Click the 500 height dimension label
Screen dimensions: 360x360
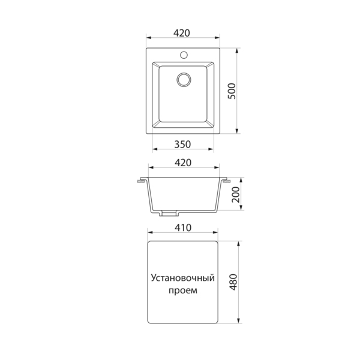click(232, 91)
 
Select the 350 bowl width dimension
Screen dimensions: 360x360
click(182, 145)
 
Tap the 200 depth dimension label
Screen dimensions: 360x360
click(236, 194)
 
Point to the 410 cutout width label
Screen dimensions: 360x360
click(183, 227)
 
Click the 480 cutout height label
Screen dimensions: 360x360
click(233, 282)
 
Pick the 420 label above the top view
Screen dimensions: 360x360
click(182, 33)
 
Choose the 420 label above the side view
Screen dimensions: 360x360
click(183, 163)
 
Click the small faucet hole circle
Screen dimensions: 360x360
click(184, 55)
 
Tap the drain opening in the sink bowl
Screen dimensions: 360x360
click(184, 80)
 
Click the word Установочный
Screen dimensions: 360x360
click(183, 278)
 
